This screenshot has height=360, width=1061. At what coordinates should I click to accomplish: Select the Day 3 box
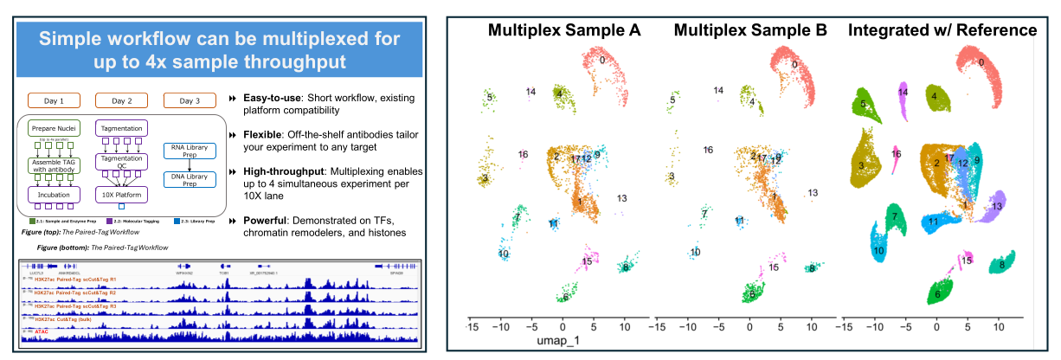point(190,100)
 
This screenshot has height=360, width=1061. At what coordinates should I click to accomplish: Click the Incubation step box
point(55,195)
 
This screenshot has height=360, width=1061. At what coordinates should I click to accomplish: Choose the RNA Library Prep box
point(190,153)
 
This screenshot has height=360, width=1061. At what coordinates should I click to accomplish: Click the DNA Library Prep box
point(190,180)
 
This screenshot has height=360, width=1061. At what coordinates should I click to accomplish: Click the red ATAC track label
point(42,330)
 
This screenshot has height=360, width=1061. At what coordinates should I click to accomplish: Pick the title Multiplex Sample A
point(564,30)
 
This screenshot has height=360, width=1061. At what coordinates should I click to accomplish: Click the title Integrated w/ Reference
point(942,30)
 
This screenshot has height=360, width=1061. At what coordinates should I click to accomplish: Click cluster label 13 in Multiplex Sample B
point(813,193)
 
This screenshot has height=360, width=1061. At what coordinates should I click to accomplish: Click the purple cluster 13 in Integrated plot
point(995,205)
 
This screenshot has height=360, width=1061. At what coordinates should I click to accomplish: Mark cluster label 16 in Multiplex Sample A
point(523,155)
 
